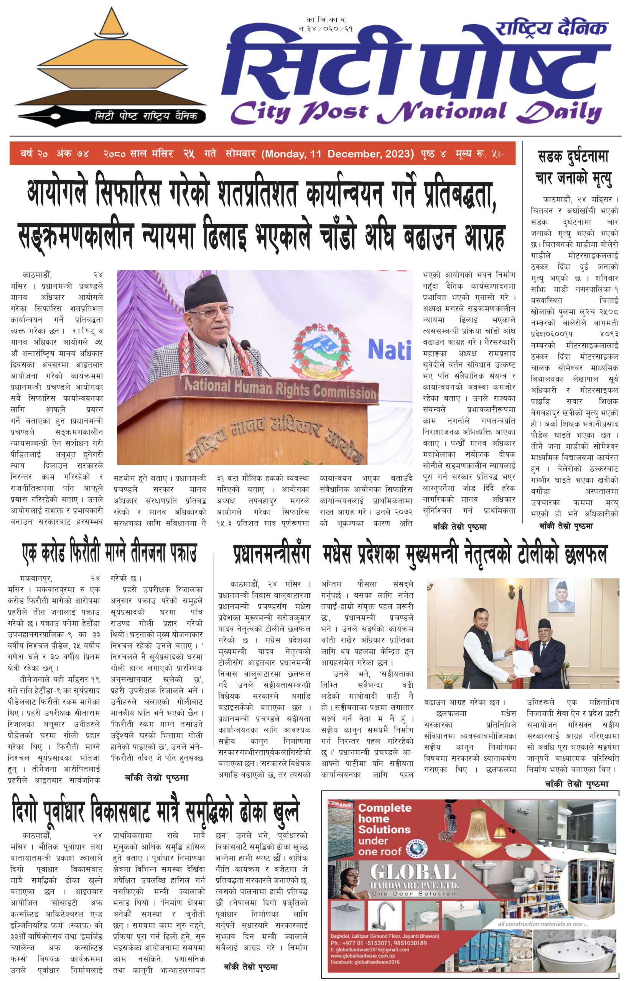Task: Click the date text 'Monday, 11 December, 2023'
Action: (x=338, y=154)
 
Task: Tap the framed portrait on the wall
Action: (x=561, y=595)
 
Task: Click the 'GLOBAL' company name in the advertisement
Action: (x=413, y=873)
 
